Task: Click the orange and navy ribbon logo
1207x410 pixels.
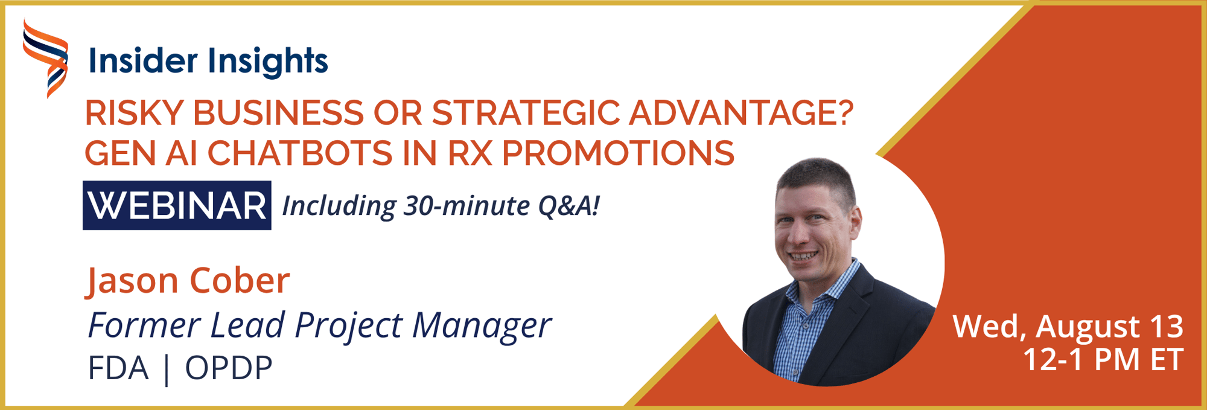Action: pos(45,59)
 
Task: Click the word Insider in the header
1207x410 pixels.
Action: pos(143,61)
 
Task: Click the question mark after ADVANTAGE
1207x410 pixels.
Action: pos(844,112)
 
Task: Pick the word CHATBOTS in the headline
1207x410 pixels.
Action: pos(300,153)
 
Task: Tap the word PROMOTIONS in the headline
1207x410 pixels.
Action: pos(618,153)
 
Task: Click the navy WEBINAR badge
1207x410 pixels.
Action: pos(177,205)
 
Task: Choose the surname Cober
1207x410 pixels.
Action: pos(240,281)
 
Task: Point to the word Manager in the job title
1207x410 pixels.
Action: pos(482,326)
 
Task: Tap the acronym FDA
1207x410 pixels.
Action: pos(118,368)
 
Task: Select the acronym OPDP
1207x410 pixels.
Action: pos(229,368)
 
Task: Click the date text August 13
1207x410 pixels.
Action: pos(1109,327)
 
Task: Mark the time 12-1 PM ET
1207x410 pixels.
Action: pos(1103,360)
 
